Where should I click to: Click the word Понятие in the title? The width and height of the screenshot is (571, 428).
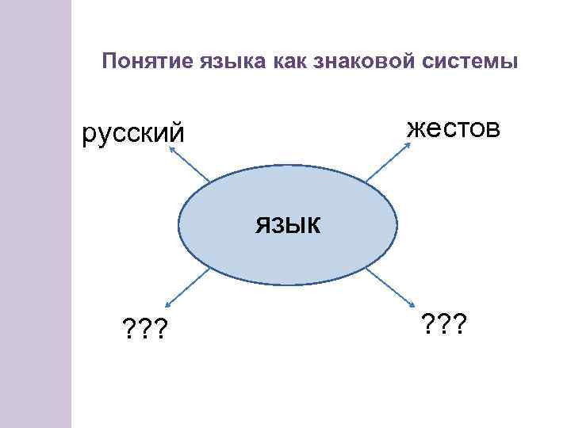click(x=140, y=61)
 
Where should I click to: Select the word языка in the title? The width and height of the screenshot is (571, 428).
click(x=213, y=61)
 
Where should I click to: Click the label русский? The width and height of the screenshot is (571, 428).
click(x=134, y=132)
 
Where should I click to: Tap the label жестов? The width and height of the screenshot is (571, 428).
click(x=453, y=126)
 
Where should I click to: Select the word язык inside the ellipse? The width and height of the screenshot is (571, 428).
click(x=288, y=225)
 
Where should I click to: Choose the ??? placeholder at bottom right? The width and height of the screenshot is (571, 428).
click(x=443, y=323)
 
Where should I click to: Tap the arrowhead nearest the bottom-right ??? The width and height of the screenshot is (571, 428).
click(x=415, y=306)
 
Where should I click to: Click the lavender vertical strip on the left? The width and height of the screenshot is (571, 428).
click(x=36, y=214)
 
